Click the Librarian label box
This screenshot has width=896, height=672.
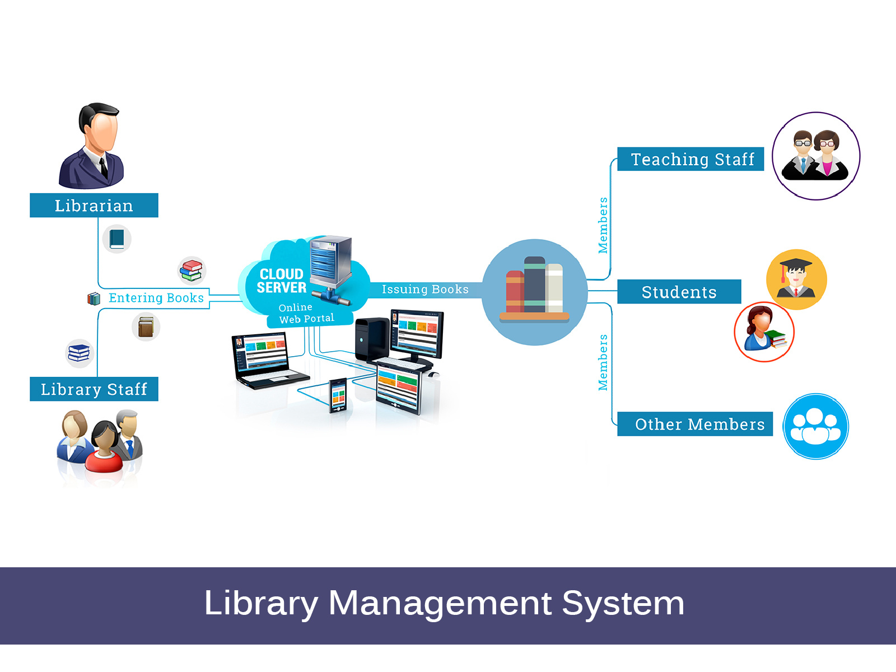[94, 206]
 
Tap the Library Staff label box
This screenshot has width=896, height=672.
[94, 389]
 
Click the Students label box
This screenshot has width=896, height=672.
[679, 292]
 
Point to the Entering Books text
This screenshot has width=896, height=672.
[156, 298]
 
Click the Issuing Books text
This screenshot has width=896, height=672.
[425, 290]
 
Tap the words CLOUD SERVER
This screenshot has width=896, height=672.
[281, 281]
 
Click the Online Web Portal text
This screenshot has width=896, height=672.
[306, 314]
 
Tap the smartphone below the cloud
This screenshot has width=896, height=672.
[338, 395]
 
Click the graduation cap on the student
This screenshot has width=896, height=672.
[795, 264]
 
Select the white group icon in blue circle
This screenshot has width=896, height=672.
[815, 426]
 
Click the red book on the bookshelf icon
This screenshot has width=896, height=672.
[514, 291]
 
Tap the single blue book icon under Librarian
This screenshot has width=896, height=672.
[117, 239]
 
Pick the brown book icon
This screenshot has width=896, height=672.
[146, 327]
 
